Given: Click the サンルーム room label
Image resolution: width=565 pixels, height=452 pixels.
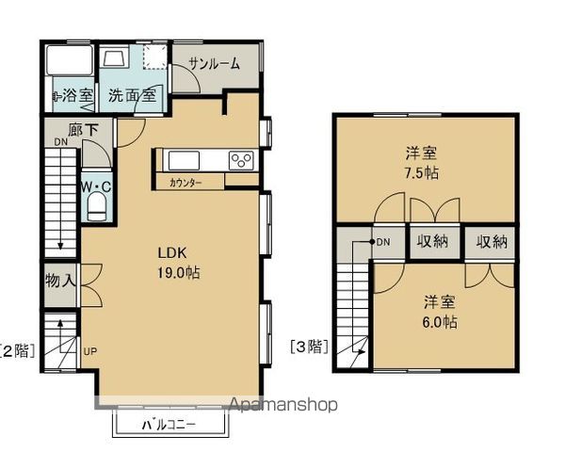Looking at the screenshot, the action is (x=214, y=64).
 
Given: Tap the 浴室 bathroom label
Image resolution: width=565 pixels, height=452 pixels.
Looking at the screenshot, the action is (x=77, y=95).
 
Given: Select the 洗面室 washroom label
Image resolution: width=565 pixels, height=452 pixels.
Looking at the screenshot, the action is (x=132, y=95).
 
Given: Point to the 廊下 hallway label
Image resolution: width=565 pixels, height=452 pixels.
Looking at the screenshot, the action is (x=83, y=130).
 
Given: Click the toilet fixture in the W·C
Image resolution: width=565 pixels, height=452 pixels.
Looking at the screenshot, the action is (x=97, y=206).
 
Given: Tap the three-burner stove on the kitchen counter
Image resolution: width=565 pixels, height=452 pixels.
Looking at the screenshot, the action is (x=241, y=160).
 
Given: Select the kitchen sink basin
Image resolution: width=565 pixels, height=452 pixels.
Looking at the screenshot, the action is (x=184, y=160).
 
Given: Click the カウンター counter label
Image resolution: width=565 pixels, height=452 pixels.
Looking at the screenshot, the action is (x=186, y=183).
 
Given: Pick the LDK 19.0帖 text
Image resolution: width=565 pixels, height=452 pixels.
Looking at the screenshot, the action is (x=179, y=263).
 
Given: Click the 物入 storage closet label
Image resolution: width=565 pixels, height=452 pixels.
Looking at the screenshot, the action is (x=60, y=281).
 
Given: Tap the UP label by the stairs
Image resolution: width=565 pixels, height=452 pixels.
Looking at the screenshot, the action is (x=90, y=351).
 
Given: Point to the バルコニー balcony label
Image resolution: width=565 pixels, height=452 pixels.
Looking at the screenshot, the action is (x=169, y=425).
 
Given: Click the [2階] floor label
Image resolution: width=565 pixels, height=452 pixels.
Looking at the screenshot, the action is (x=18, y=350).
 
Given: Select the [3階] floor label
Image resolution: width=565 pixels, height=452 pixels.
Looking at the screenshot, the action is (x=309, y=347).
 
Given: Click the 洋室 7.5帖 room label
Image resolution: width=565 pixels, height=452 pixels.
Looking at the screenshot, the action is (x=422, y=163).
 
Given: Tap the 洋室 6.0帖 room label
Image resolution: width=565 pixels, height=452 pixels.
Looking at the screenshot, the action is (x=440, y=312).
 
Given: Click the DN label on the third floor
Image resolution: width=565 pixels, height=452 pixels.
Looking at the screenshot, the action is (x=383, y=242).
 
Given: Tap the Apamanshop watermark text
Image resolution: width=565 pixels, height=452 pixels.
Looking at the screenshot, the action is (x=283, y=404).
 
